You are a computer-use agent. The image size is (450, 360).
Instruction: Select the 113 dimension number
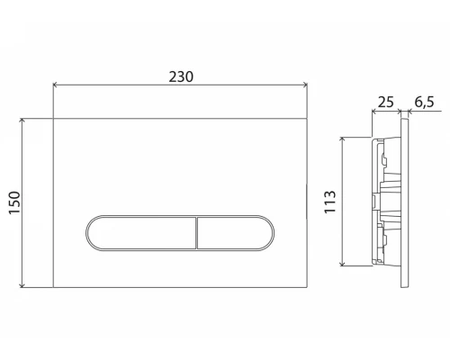point(330,200)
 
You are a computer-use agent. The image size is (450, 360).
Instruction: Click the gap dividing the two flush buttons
point(196,234)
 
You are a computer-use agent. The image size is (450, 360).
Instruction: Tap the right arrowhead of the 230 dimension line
point(305,86)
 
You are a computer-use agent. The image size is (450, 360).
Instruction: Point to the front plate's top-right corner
point(306,118)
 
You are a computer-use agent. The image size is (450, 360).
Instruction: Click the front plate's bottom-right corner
point(306,287)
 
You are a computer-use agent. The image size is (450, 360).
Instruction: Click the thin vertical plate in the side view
point(406,202)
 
